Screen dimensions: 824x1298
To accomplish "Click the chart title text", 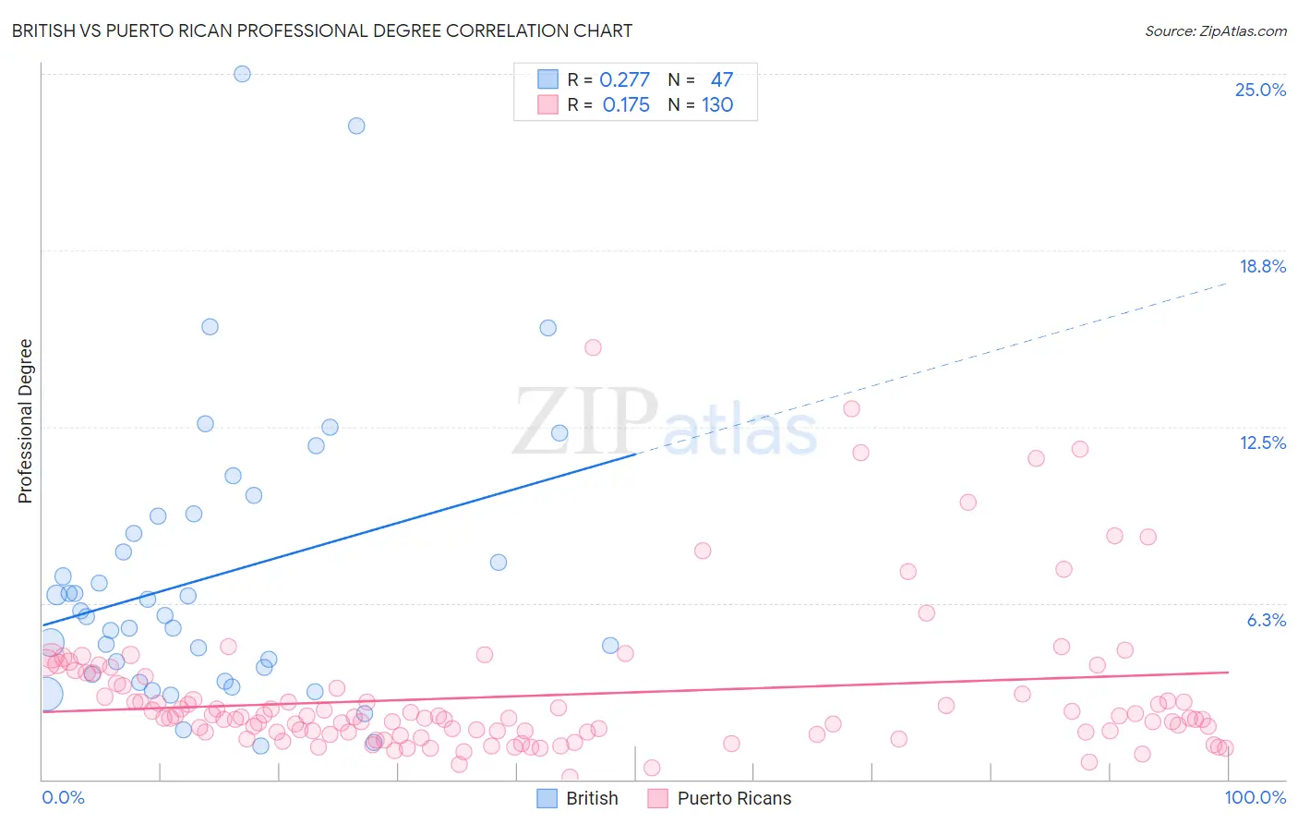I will pos(321,30).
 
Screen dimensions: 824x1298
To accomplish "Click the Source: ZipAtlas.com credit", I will pos(1215,30).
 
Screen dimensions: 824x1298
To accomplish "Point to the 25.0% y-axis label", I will pos(1260,90).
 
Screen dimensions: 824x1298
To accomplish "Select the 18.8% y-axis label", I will pos(1262,266).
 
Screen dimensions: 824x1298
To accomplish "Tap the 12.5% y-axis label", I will pos(1262,442).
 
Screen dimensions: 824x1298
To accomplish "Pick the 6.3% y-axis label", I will pos(1266,620).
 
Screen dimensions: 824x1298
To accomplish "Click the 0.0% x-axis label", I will pos(63,797).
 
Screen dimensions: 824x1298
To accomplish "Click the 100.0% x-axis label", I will pos(1255,797).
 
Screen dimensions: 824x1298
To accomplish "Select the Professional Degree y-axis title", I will pos(25,421).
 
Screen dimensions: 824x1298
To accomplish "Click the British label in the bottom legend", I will pos(592,798).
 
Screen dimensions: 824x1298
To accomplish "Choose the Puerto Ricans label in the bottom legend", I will pos(734,798).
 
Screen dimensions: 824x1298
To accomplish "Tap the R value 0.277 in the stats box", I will pos(624,79).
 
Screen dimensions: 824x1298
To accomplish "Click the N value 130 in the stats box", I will pos(717,104).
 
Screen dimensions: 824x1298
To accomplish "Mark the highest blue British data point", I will pos(242,74).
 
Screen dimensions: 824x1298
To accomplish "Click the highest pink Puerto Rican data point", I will pos(593,347).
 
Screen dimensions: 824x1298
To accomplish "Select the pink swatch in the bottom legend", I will pos(657,798).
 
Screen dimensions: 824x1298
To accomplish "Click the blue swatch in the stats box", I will pos(547,79).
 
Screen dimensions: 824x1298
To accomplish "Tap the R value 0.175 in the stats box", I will pos(626,104).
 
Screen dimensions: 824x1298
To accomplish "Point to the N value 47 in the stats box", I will pos(721,79).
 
